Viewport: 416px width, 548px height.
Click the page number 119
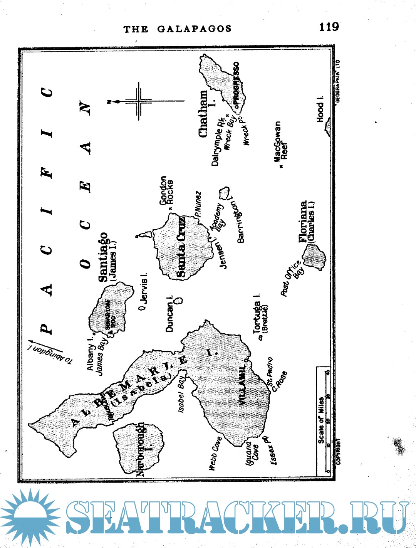tap(329, 27)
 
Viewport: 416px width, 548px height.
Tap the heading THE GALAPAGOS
tap(178, 29)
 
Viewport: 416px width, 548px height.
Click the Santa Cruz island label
tap(181, 247)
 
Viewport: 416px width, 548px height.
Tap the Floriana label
tap(304, 221)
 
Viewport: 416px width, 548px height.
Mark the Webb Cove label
tap(215, 453)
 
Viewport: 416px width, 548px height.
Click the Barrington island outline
tap(224, 192)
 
